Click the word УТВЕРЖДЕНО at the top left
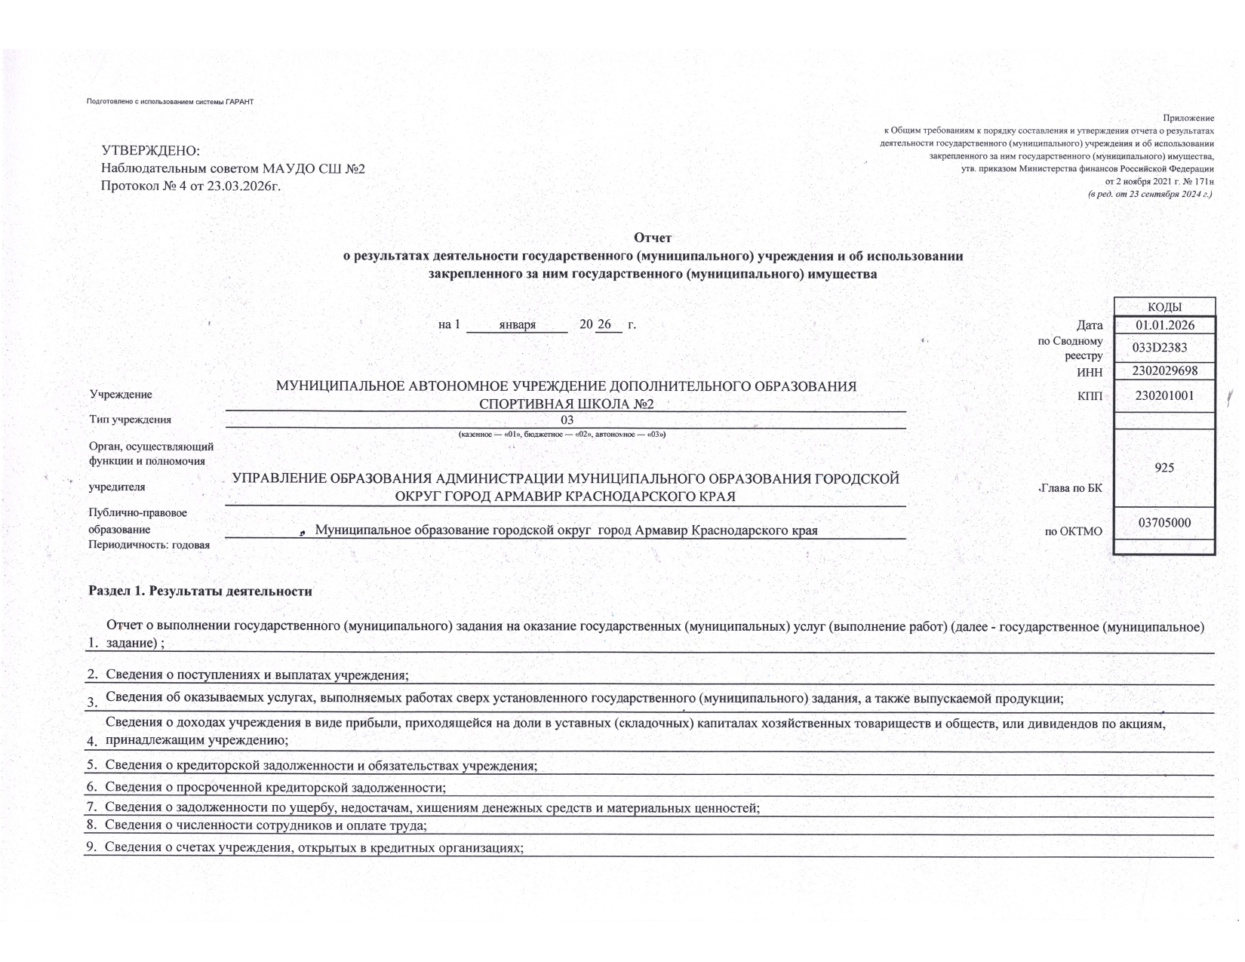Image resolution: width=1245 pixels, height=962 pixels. click(151, 152)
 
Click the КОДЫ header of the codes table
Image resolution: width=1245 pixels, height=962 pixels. click(1164, 307)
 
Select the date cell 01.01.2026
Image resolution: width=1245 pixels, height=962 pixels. click(1164, 325)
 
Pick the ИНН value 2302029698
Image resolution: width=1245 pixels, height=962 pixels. click(1164, 371)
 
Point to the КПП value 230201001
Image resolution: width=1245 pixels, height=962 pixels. click(1164, 395)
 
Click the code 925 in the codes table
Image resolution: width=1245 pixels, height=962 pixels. click(1164, 468)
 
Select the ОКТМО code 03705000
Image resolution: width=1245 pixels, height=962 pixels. click(1164, 522)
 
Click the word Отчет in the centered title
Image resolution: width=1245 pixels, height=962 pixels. click(653, 238)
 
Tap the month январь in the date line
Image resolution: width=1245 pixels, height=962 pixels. click(517, 325)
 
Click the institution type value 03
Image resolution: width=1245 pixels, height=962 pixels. click(567, 420)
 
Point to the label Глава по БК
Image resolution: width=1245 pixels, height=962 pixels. click(1071, 488)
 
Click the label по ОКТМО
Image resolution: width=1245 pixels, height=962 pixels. click(1073, 532)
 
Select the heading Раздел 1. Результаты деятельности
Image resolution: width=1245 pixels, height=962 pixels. click(200, 592)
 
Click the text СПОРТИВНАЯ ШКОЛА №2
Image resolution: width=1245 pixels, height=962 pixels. click(566, 404)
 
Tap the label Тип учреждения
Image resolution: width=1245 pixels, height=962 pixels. click(130, 420)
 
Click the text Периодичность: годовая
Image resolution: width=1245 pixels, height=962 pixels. click(149, 545)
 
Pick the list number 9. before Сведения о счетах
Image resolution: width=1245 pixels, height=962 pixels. click(93, 847)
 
